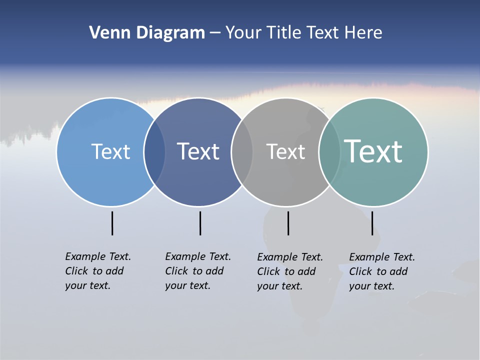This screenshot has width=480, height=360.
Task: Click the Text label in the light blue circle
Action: click(x=110, y=151)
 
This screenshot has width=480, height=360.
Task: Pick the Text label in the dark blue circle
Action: click(x=198, y=151)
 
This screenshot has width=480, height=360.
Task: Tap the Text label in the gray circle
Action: click(x=285, y=151)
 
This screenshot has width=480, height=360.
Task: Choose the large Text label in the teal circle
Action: click(x=373, y=151)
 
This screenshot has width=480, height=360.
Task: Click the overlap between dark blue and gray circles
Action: click(x=242, y=152)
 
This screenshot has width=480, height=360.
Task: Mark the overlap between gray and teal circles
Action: click(x=329, y=152)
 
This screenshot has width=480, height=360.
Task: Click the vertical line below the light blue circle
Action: click(x=112, y=223)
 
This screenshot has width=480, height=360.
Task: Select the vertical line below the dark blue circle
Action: click(x=200, y=223)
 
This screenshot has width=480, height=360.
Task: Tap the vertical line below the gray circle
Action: click(x=288, y=223)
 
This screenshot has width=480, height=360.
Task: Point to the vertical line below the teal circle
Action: click(x=372, y=223)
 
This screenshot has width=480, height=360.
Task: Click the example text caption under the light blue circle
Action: click(x=98, y=271)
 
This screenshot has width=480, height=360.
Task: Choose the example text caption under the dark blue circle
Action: click(x=198, y=271)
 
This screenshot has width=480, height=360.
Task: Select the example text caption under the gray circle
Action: click(x=290, y=271)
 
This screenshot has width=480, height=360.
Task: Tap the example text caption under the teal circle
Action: click(x=382, y=271)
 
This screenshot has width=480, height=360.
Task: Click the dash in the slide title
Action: click(x=215, y=33)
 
